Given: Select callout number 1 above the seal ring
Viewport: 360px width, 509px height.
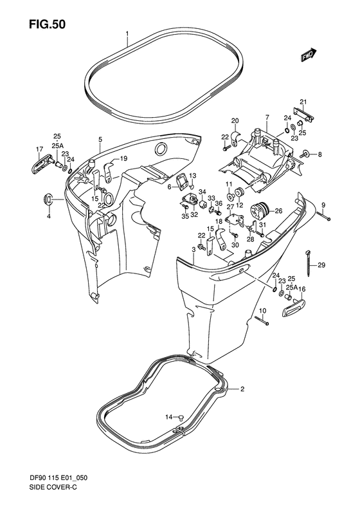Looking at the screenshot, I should pos(127,33).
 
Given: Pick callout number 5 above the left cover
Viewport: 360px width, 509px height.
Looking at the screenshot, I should pos(100,139).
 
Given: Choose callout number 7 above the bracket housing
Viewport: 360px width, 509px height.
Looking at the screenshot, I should pos(266,117).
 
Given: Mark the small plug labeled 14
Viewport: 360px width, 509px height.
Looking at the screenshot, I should pos(181,417).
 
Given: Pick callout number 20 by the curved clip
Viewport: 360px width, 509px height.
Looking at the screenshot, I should pos(235,121).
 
